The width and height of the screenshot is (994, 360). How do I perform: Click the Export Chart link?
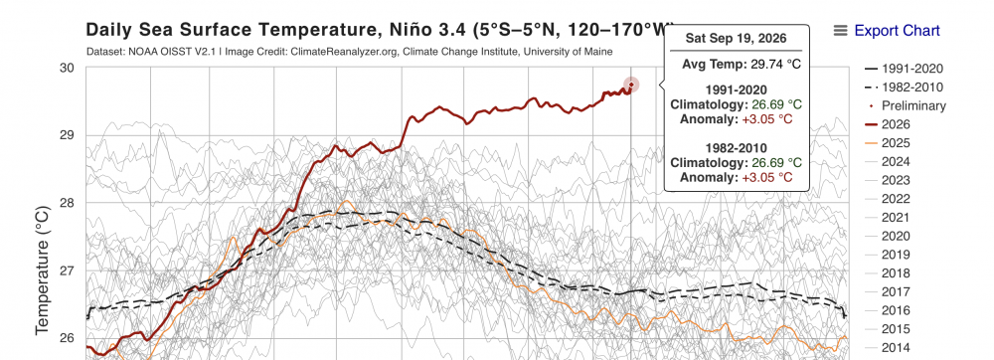click(x=897, y=31)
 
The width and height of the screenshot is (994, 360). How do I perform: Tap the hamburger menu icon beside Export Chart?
click(x=841, y=31)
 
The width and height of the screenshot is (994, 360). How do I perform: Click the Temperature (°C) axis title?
click(x=42, y=270)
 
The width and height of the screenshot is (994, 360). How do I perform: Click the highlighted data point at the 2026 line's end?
click(x=631, y=85)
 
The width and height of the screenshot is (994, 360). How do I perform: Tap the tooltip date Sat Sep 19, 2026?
click(x=736, y=39)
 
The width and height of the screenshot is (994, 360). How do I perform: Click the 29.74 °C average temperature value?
click(x=766, y=64)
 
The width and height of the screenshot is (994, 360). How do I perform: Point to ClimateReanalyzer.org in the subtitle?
click(x=346, y=52)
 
